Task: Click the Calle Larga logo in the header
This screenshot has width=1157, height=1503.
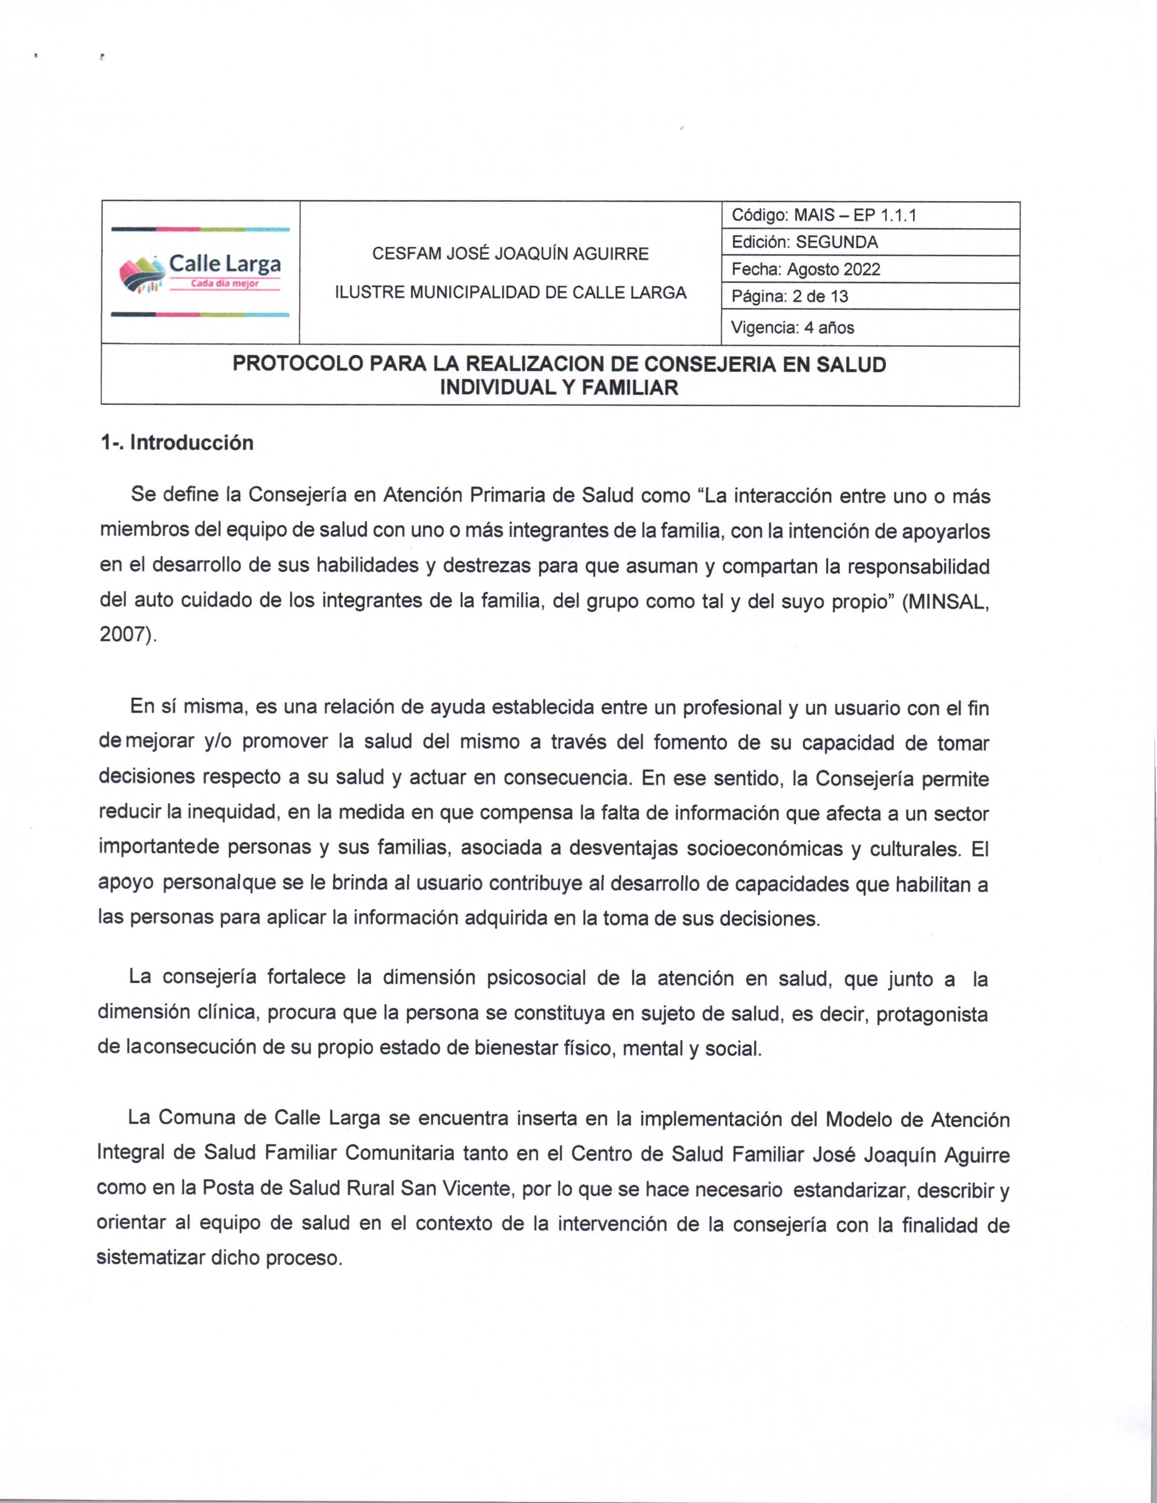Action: (200, 272)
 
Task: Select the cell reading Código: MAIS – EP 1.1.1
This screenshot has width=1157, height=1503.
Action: (824, 215)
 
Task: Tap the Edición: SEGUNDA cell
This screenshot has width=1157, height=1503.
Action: (804, 242)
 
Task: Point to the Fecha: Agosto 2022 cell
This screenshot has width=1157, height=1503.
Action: (805, 269)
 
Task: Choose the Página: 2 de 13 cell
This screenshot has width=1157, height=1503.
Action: (789, 296)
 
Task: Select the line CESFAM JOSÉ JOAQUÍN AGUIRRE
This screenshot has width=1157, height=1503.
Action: (510, 254)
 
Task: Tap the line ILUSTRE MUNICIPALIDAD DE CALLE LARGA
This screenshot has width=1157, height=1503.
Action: (510, 292)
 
